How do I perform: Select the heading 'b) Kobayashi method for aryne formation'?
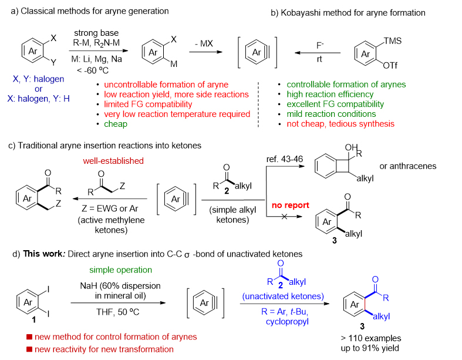click(x=351, y=12)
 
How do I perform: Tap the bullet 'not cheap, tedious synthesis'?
click(x=339, y=124)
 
